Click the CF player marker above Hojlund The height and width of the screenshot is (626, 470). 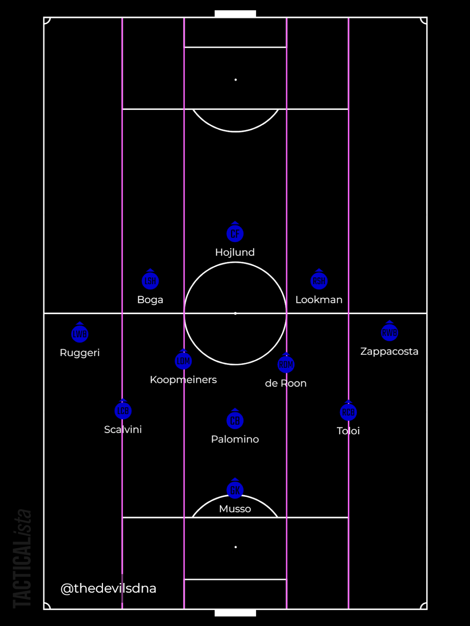point(235,234)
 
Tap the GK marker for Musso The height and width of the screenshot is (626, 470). point(235,490)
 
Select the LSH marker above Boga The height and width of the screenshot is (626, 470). point(150,281)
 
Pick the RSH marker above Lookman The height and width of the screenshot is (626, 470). point(319,281)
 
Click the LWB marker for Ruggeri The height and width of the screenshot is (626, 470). point(80,334)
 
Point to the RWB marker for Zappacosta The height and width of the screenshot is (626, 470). point(389,333)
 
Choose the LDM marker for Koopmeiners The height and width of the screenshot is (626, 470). point(183,361)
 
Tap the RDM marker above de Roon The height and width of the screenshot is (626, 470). point(286,365)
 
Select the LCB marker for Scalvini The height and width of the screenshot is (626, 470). point(123,411)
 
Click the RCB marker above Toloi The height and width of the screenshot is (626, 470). point(348,412)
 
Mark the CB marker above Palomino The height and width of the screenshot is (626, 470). point(235,421)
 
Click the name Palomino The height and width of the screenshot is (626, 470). point(235,439)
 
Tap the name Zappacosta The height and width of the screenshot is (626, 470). point(389,351)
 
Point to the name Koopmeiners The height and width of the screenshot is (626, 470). point(183,380)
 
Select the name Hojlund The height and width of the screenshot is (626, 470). point(235,252)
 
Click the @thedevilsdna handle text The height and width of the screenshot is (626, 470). point(108,588)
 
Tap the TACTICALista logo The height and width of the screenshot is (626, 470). point(22,558)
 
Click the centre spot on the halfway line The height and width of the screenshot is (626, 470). point(235,313)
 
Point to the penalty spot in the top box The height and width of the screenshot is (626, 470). point(236,80)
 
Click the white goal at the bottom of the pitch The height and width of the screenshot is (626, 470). point(235,613)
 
